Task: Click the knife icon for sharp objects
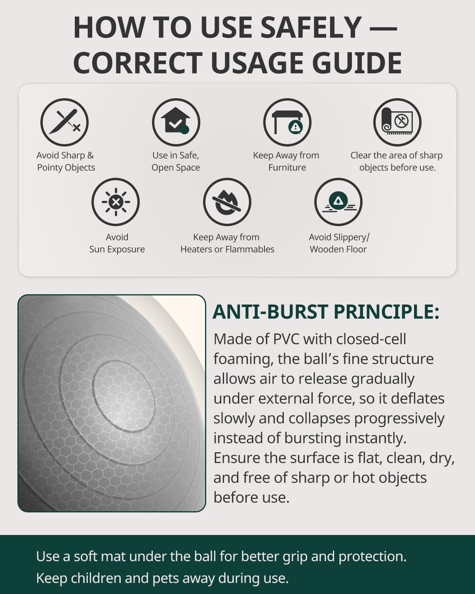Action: click(x=64, y=122)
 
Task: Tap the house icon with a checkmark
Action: click(x=176, y=122)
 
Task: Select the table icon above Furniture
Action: click(x=287, y=122)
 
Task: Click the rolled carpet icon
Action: click(x=397, y=122)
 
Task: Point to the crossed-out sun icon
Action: click(x=116, y=202)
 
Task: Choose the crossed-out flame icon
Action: click(x=227, y=202)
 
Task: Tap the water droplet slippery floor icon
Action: click(x=338, y=202)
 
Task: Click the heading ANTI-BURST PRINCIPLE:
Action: click(x=326, y=312)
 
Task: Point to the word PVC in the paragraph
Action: click(x=286, y=339)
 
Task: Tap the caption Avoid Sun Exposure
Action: click(x=117, y=243)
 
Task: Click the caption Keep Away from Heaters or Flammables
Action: click(x=227, y=243)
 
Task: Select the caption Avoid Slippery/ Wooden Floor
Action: click(x=339, y=243)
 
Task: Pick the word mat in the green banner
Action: click(x=114, y=556)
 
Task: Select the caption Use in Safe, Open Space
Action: click(x=175, y=162)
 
